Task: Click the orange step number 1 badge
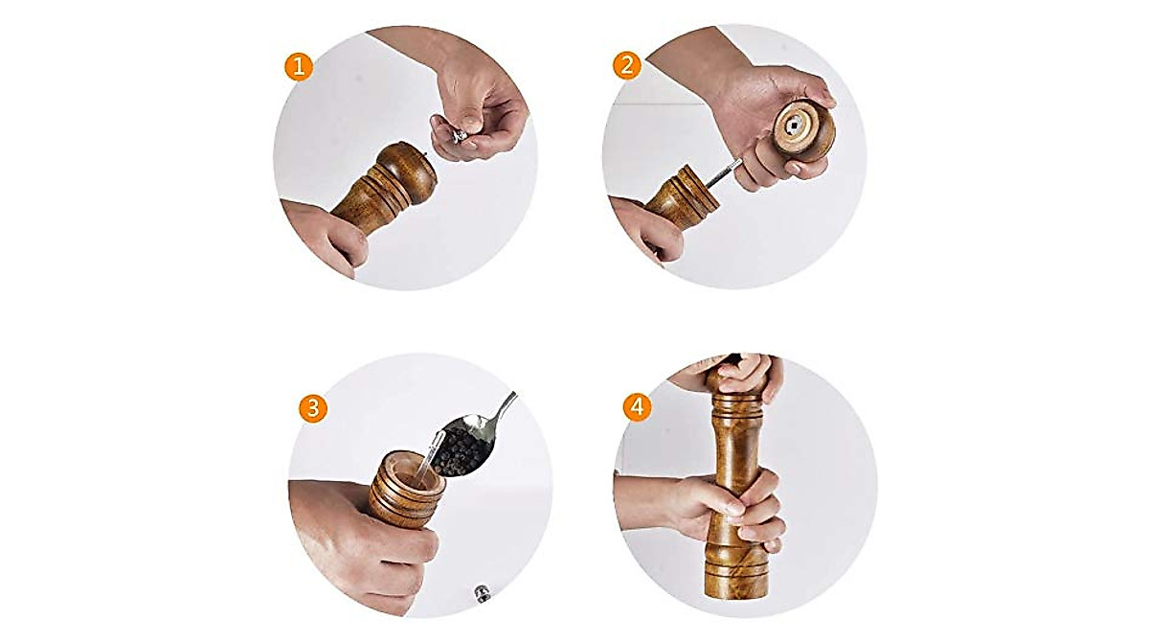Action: click(x=299, y=66)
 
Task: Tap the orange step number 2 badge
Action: click(x=627, y=66)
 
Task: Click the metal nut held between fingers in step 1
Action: click(x=461, y=134)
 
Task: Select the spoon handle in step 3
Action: click(x=505, y=406)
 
